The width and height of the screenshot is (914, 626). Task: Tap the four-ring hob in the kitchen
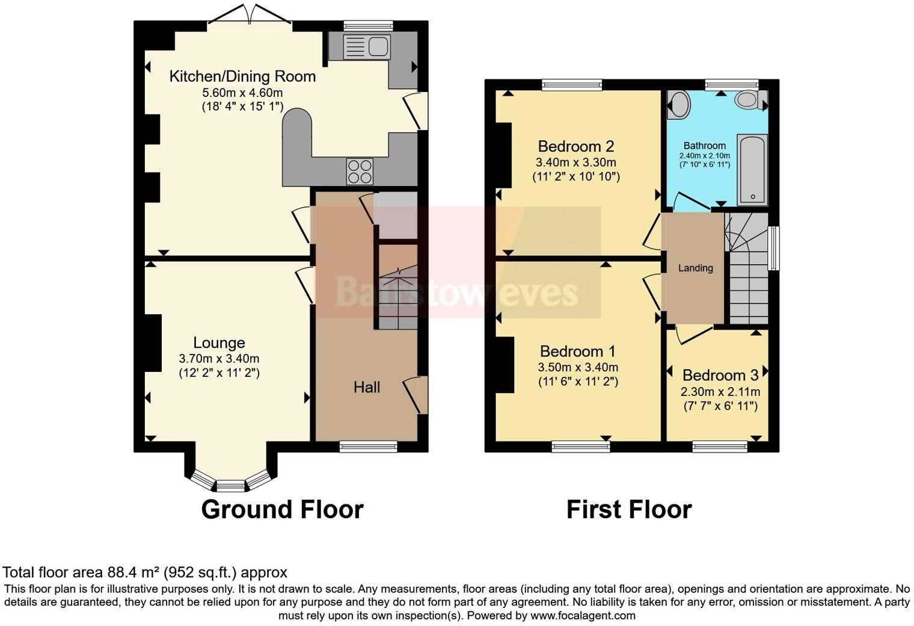tap(359, 171)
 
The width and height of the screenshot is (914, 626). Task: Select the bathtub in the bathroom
tap(752, 170)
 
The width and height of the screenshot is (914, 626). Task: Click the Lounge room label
tap(219, 342)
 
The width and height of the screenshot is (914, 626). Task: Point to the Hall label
tap(367, 387)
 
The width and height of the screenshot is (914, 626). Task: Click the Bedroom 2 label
tap(576, 146)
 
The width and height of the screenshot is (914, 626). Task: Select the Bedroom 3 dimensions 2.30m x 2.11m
tap(720, 392)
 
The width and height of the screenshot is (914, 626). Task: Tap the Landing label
tap(695, 268)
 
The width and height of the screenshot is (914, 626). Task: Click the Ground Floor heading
tap(282, 509)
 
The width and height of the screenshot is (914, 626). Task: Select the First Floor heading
tap(629, 509)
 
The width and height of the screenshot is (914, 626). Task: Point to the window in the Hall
tap(368, 446)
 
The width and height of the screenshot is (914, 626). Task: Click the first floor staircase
tap(748, 271)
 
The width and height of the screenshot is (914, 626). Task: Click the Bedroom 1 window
tap(581, 446)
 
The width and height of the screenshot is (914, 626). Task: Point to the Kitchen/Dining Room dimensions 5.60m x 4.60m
tap(242, 93)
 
